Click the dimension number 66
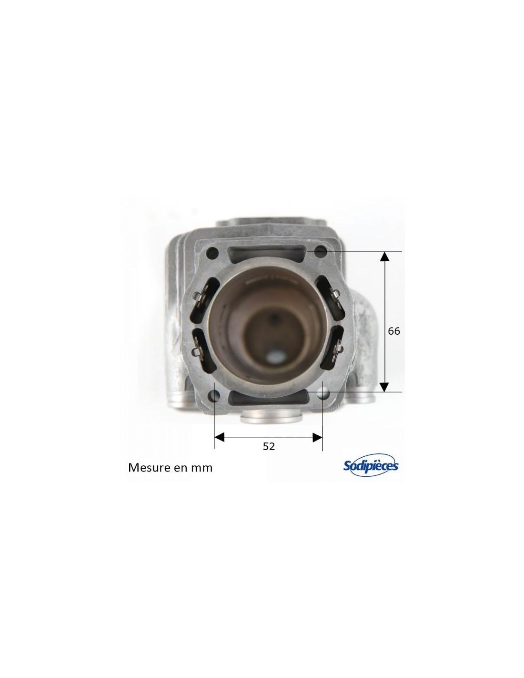pyautogui.click(x=393, y=331)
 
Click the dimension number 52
pyautogui.click(x=269, y=446)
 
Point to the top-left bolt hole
pyautogui.click(x=214, y=252)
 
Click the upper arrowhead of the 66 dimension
pyautogui.click(x=384, y=257)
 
